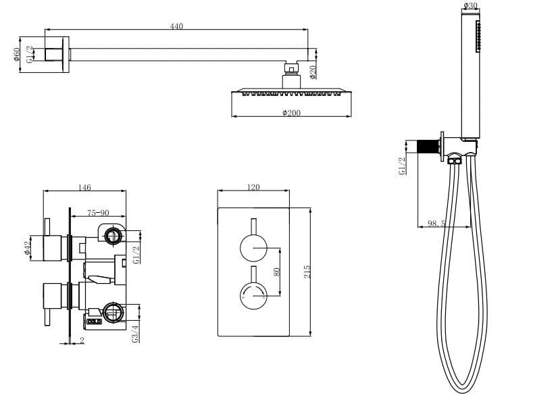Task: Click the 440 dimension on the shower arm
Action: pos(176,26)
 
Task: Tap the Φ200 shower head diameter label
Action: pos(291,113)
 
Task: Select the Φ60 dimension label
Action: pos(16,54)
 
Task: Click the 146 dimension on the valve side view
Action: pos(84,188)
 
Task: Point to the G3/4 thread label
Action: pos(136,334)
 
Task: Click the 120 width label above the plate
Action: pos(253,188)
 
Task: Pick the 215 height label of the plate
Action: pos(307,272)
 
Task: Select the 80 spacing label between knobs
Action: pos(276,271)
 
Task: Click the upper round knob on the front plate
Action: pos(253,249)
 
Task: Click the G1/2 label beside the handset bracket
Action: pos(402,166)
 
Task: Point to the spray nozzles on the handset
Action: pos(478,36)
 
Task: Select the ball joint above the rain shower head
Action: pos(290,68)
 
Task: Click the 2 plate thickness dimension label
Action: pos(82,341)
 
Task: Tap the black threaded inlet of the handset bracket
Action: pos(426,147)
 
